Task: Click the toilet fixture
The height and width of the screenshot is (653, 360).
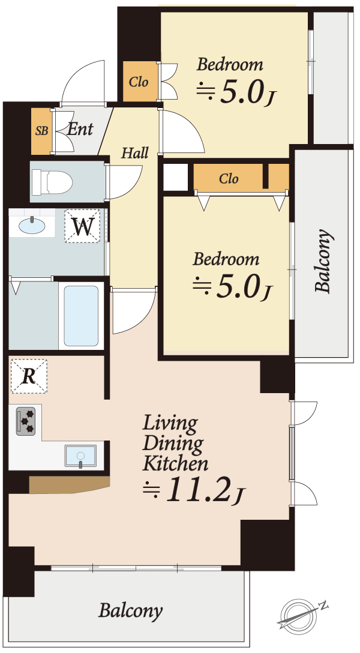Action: [52, 182]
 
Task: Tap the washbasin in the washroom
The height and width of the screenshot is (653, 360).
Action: [32, 226]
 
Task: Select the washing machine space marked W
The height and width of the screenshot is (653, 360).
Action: [82, 226]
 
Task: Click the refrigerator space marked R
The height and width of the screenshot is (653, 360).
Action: [29, 376]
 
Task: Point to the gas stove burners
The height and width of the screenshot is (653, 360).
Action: [26, 421]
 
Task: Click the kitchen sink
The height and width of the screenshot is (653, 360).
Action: [80, 456]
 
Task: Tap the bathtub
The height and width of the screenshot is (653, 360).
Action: [81, 316]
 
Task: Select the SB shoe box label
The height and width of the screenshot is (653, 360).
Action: [41, 131]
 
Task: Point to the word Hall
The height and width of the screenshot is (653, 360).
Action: [135, 153]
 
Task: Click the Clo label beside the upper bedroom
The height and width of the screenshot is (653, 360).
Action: [139, 82]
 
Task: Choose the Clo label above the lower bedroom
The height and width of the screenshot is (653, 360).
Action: [229, 179]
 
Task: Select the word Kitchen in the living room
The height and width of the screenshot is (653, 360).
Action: [175, 463]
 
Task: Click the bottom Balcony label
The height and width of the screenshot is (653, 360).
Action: [130, 612]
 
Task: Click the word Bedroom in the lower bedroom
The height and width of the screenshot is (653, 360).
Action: [226, 259]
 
